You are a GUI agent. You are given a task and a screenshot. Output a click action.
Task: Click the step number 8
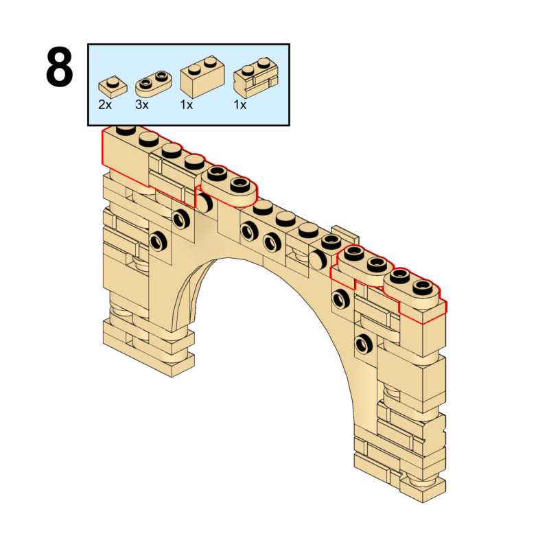click(59, 67)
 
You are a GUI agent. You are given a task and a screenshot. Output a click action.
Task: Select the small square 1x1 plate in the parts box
click(112, 86)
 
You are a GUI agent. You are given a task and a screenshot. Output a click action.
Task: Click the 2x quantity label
click(105, 105)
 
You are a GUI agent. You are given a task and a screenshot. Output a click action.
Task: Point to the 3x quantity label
click(142, 105)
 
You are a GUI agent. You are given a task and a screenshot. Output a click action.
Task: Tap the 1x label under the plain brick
click(186, 105)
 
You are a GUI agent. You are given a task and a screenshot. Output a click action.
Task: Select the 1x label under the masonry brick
click(240, 105)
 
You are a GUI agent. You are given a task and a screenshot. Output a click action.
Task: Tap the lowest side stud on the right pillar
click(364, 343)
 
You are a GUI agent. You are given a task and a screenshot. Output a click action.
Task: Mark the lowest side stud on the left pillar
click(159, 241)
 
